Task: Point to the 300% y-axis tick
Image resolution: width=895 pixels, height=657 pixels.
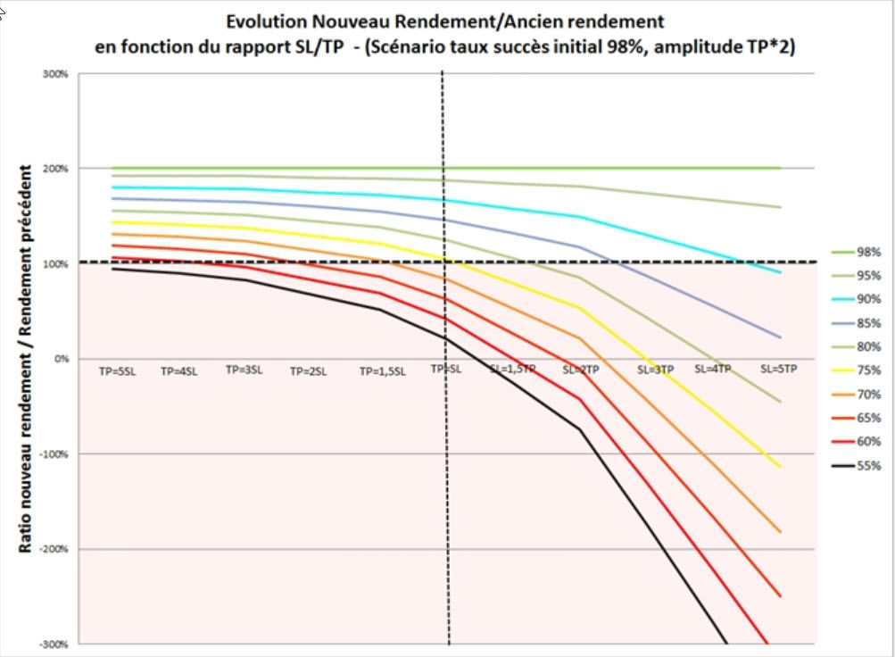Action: click(56, 73)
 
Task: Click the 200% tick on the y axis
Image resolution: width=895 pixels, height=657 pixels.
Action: click(56, 168)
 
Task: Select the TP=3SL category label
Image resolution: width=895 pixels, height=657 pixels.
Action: click(244, 369)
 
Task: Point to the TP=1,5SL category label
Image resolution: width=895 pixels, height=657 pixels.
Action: click(383, 370)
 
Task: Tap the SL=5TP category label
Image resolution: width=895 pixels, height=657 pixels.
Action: click(778, 368)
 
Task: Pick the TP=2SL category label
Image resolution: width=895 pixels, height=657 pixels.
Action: click(308, 370)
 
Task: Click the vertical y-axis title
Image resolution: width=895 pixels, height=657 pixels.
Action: click(26, 357)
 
